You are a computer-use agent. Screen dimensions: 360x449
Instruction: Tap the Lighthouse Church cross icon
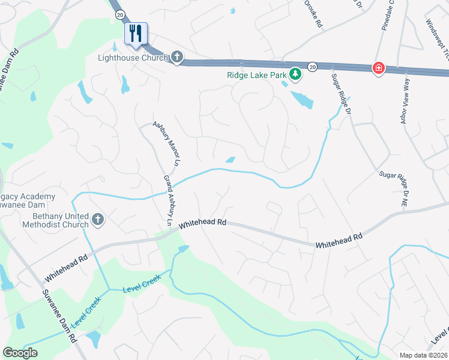[176, 58]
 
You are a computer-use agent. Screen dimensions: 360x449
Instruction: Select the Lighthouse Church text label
[133, 58]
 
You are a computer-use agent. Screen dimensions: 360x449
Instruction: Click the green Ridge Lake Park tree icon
[295, 74]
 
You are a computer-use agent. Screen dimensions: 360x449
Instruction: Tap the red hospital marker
[378, 68]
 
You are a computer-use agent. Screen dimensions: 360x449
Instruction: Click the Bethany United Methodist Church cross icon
[97, 220]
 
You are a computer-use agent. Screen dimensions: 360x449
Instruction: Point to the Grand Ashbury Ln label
[168, 201]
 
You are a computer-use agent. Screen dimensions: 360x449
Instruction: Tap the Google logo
[20, 353]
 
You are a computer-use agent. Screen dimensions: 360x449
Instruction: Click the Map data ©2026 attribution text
[423, 355]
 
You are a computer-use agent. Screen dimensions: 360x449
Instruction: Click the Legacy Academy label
[28, 197]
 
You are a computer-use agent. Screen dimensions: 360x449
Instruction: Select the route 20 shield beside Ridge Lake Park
[312, 67]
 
